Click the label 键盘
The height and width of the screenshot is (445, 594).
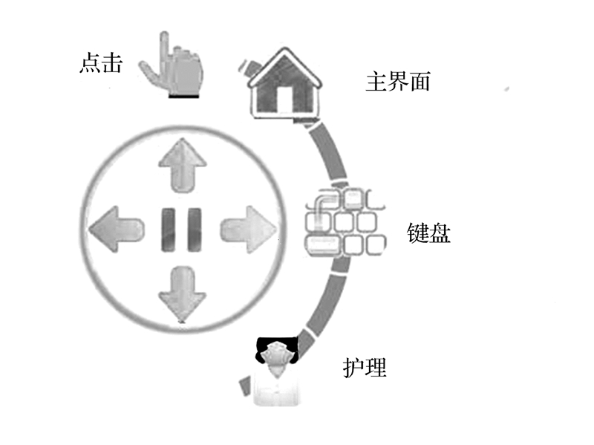tap(429, 234)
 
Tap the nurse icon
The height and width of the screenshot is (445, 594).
tap(276, 371)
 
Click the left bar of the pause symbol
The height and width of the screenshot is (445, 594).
tap(168, 228)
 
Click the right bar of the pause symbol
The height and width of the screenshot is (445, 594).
tap(193, 228)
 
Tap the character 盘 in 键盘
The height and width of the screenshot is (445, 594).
tap(440, 234)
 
